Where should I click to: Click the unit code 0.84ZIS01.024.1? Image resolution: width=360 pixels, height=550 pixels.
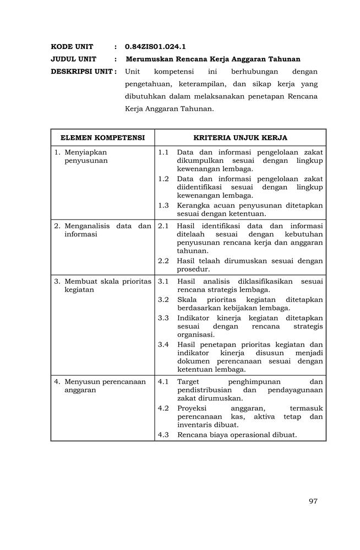155,47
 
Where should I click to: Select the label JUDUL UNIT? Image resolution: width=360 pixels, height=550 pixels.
74,59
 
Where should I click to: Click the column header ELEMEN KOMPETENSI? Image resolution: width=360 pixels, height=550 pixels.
102,137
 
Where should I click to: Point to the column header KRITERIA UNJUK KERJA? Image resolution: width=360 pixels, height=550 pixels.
240,137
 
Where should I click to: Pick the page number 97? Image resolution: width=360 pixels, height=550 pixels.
313,501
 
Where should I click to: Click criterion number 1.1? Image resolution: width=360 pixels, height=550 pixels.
163,152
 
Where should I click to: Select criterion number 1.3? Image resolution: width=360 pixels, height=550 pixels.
163,205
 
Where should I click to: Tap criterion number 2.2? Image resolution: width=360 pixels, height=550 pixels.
163,261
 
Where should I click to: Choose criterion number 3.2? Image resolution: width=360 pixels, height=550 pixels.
163,299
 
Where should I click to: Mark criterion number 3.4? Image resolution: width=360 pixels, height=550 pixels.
163,344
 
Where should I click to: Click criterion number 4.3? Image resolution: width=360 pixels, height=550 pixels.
163,435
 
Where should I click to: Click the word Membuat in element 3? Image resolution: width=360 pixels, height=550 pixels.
79,281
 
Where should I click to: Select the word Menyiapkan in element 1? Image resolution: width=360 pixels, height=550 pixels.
85,152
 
